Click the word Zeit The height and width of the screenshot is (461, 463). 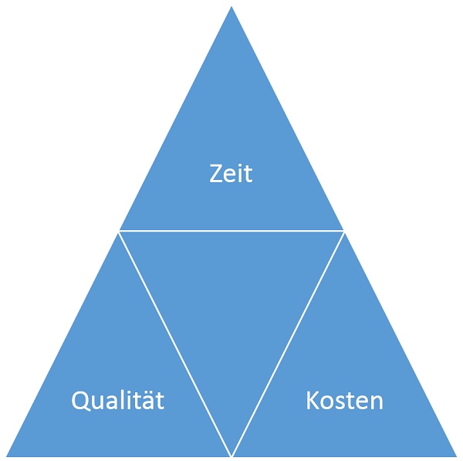tap(231, 174)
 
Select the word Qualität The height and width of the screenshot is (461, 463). tap(117, 400)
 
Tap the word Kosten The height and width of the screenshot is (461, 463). tap(344, 400)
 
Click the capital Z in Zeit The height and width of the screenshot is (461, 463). tap(216, 174)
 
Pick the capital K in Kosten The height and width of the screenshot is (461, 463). tap(313, 400)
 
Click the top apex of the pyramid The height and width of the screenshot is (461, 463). tap(231, 8)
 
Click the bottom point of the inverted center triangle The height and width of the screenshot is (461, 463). tap(231, 453)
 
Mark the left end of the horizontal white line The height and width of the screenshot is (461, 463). tap(120, 230)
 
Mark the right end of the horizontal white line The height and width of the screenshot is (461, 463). tap(343, 230)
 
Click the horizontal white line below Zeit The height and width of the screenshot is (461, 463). tap(231, 230)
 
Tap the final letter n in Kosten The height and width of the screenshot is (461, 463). tap(376, 402)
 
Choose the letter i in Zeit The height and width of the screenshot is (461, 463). tap(240, 174)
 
